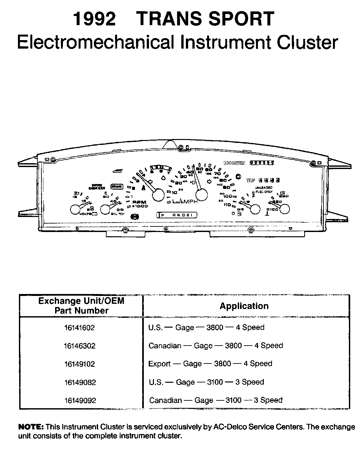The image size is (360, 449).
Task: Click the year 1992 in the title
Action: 95,19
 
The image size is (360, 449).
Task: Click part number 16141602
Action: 80,328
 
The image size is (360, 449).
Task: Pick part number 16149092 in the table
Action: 80,400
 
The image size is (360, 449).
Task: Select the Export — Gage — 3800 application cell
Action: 210,364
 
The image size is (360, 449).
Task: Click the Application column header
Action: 244,306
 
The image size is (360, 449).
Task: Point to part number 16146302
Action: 80,346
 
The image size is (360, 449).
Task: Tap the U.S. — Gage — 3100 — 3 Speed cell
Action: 206,382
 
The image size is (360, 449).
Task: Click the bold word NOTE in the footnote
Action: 31,427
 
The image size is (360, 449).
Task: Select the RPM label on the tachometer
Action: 140,202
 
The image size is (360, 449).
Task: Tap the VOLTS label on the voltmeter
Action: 86,214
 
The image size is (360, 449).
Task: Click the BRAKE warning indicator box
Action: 116,186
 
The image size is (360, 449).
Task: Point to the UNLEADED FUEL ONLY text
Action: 263,190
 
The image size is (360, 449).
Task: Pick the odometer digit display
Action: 262,162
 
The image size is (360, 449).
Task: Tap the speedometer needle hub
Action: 201,195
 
